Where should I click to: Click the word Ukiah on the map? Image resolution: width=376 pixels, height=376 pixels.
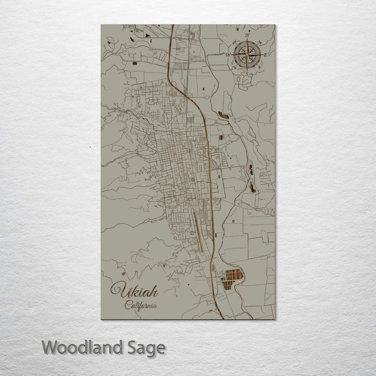click(x=134, y=290)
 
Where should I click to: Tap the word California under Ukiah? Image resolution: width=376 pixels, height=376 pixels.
click(x=140, y=306)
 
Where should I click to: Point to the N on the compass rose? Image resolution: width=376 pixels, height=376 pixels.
click(x=247, y=36)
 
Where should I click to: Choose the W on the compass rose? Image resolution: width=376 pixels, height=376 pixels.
click(x=228, y=54)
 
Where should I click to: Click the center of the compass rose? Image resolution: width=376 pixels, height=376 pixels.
click(x=247, y=54)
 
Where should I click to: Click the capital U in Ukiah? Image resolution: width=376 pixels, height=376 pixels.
click(x=116, y=289)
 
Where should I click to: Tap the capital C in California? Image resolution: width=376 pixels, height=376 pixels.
click(x=127, y=305)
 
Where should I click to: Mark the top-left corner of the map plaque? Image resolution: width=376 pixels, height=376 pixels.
click(x=101, y=25)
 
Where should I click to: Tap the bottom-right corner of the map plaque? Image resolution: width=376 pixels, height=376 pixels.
click(x=275, y=319)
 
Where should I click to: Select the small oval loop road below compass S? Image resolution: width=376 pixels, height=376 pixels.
click(x=241, y=79)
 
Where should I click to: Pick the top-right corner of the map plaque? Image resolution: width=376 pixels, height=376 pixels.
click(x=275, y=25)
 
